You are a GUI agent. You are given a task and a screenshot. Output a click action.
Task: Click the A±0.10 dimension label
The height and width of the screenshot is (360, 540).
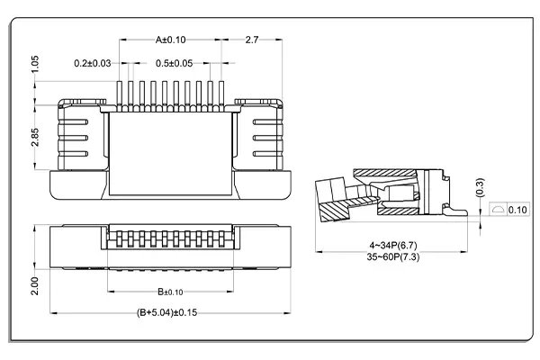170,40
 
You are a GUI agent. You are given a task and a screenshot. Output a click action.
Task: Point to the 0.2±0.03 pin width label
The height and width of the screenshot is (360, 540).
94,63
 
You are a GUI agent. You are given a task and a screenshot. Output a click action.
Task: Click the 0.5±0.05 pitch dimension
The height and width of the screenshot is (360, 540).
175,63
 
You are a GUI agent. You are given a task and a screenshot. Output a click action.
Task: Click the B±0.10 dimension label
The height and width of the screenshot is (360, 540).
170,292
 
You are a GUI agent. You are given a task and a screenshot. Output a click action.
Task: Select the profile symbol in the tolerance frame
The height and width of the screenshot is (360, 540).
499,210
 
